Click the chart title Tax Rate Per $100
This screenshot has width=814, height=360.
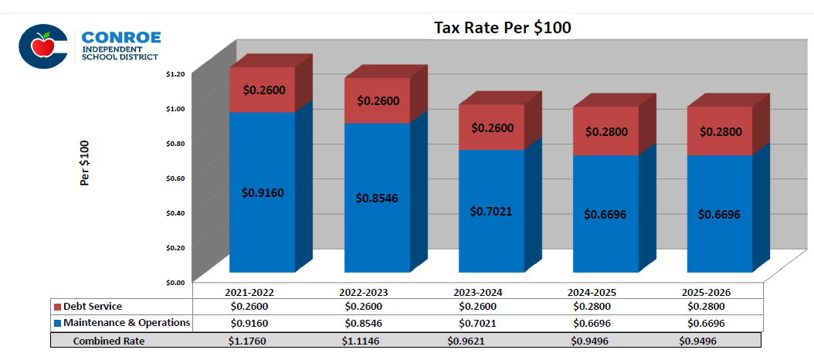click(x=502, y=28)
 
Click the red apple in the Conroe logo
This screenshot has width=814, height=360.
click(x=43, y=46)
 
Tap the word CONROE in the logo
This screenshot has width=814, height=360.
click(x=120, y=38)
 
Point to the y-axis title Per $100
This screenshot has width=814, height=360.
click(x=86, y=163)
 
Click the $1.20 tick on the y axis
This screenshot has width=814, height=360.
click(x=175, y=74)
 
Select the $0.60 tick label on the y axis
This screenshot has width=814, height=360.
click(x=175, y=178)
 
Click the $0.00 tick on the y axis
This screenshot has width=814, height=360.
click(x=175, y=283)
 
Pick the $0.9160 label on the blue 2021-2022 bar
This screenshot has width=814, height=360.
click(x=263, y=192)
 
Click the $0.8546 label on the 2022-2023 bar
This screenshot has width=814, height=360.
click(x=377, y=197)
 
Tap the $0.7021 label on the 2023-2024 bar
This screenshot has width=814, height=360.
click(x=491, y=211)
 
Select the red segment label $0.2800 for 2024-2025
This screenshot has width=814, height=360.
click(x=606, y=131)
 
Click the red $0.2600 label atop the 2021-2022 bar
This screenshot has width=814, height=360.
click(x=263, y=90)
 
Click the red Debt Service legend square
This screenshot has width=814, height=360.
click(x=57, y=307)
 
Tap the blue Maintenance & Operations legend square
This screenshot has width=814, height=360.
click(x=57, y=322)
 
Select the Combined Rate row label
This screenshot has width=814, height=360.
click(x=109, y=340)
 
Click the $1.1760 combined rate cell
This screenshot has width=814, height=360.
click(x=249, y=340)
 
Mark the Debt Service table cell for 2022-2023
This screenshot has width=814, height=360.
click(x=363, y=307)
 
